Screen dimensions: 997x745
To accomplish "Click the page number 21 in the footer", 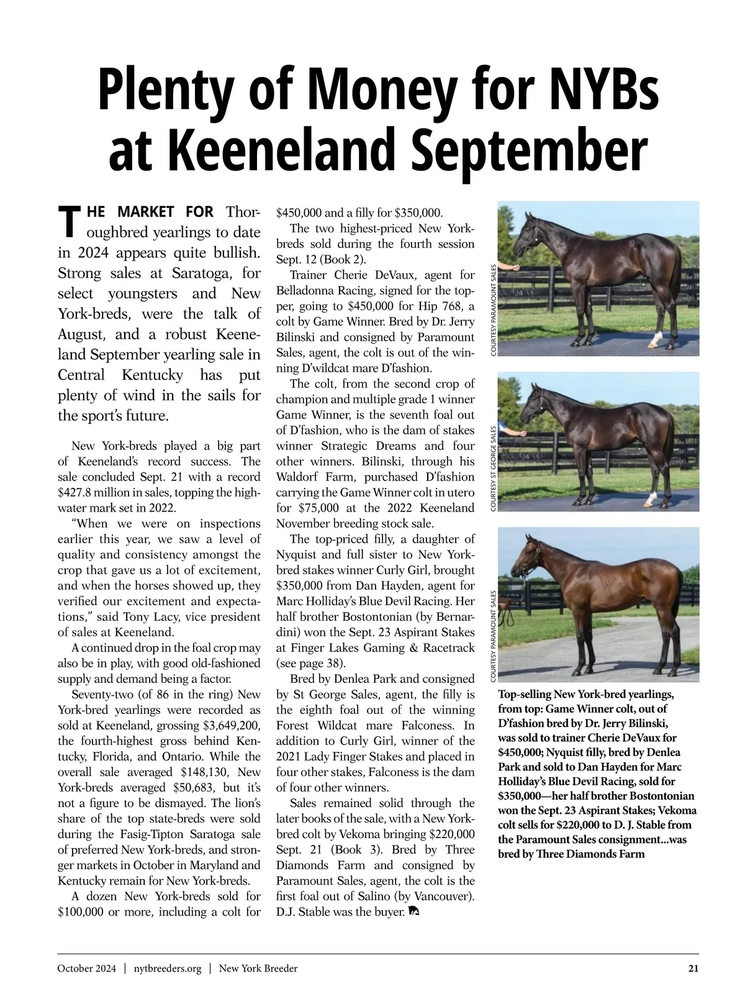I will pos(693,968).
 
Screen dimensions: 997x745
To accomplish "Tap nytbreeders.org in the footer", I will pos(168,968).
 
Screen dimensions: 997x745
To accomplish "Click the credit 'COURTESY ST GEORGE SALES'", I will pos(494,468).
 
